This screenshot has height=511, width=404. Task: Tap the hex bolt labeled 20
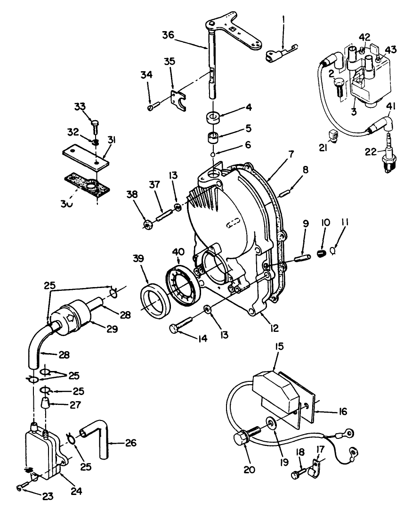[243, 438]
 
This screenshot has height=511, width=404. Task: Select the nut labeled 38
[147, 223]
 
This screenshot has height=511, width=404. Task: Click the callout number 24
[76, 491]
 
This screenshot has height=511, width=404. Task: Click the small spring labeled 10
[321, 255]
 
